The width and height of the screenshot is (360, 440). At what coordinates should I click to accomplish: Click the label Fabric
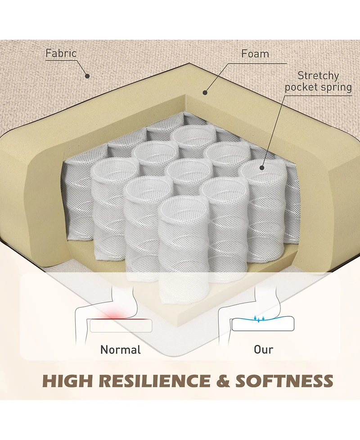[x=61, y=53]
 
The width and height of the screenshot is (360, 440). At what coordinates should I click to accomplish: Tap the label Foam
[x=255, y=54]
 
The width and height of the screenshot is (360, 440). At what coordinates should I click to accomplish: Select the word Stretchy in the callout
[x=318, y=75]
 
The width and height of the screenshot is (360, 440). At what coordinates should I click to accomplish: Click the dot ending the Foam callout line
[x=205, y=93]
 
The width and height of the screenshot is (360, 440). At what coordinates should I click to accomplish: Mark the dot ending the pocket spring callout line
[x=261, y=168]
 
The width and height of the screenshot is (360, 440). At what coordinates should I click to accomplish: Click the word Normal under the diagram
[x=121, y=349]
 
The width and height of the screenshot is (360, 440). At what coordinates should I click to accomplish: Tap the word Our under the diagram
[x=263, y=349]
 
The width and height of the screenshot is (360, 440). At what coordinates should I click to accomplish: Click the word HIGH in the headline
[x=67, y=381]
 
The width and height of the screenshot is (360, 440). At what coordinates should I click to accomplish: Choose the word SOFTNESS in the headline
[x=284, y=381]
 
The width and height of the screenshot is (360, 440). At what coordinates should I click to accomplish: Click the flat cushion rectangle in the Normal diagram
[x=121, y=326]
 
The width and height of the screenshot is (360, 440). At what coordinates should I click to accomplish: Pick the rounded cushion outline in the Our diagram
[x=263, y=325]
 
